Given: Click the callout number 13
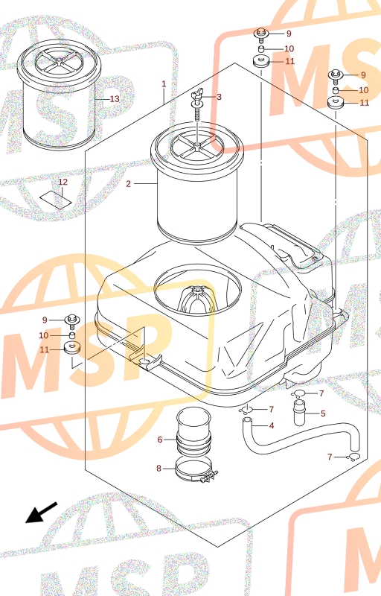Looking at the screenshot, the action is tap(115, 99).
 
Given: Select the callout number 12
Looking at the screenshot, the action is tap(63, 182).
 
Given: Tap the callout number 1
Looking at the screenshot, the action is tap(164, 83).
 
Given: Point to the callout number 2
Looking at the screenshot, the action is tap(128, 184).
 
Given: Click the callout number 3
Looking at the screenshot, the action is tap(219, 97).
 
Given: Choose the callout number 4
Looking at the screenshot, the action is tap(272, 425).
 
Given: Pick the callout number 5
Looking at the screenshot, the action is tap(323, 413).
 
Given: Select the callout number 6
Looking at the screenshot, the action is tap(160, 440).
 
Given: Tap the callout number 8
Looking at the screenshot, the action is tap(159, 469).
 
